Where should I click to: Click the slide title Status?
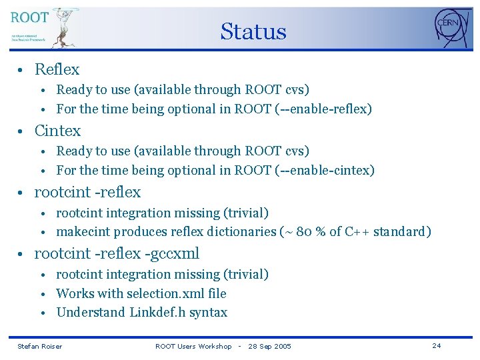tap(253, 31)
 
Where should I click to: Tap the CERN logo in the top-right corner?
tap(451, 27)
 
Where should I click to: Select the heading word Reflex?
tap(57, 69)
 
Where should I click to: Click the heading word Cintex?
tap(57, 131)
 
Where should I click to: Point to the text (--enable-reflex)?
tap(323, 109)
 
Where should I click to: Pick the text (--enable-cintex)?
tap(325, 170)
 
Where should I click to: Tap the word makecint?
tap(83, 231)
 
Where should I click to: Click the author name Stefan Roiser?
tap(39, 346)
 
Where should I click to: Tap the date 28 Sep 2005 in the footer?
tap(269, 346)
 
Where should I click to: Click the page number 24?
tap(437, 345)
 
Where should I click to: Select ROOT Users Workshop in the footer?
tap(193, 346)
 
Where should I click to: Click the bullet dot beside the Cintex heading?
tap(22, 131)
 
